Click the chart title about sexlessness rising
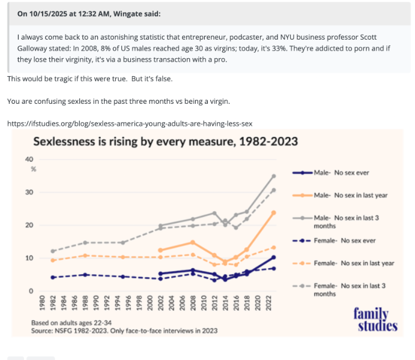click(x=165, y=142)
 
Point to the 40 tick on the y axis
click(x=29, y=159)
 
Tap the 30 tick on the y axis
click(x=29, y=192)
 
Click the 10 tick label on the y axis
click(x=29, y=258)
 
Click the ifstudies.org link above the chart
click(x=130, y=123)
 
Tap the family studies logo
click(x=375, y=320)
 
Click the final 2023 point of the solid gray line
click(x=273, y=176)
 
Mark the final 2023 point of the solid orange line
click(x=273, y=212)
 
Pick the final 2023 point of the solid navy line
click(x=273, y=257)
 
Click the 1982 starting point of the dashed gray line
click(x=53, y=251)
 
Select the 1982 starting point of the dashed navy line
click(x=53, y=277)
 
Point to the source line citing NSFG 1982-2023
click(x=124, y=331)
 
